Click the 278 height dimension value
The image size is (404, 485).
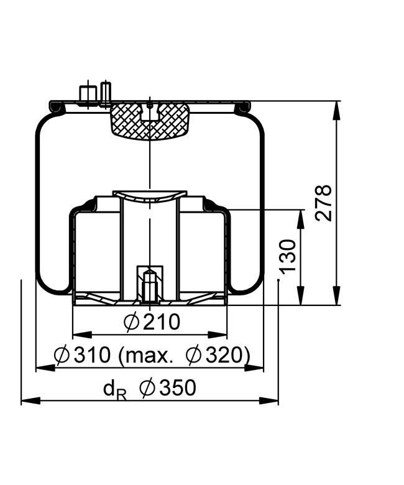324,203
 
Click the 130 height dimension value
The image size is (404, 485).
287,256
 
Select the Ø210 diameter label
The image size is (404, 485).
152,321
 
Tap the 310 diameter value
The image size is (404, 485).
92,355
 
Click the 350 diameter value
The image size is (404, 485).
178,387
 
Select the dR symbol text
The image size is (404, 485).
115,390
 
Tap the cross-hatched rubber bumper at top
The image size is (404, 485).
149,121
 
